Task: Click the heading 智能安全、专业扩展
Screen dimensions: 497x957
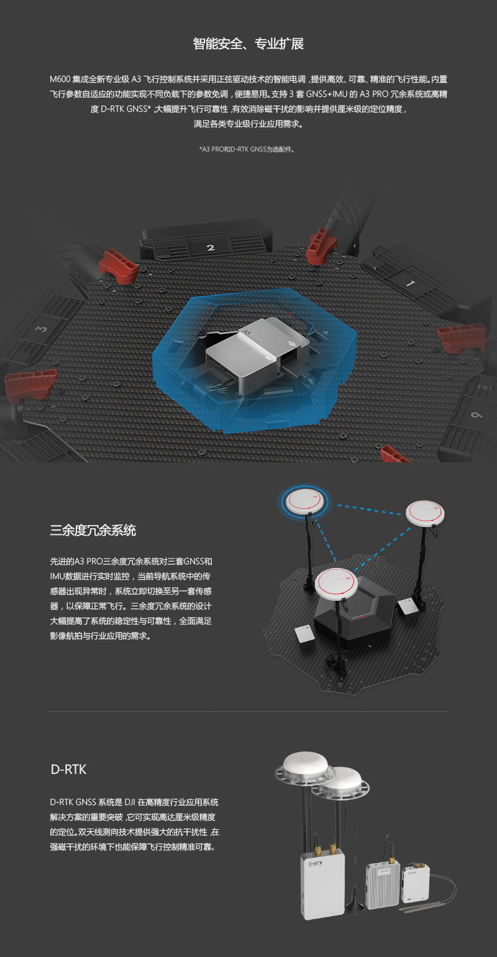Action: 248,43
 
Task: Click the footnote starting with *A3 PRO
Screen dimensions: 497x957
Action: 247,149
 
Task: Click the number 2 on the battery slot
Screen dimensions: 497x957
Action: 211,248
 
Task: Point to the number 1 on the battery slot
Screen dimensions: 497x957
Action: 410,283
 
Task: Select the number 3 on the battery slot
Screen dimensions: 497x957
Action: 42,329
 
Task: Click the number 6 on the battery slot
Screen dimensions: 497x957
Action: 476,415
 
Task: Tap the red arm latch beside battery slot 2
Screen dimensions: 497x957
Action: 118,267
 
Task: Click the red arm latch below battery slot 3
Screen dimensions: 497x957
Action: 30,383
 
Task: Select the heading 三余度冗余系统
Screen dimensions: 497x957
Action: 93,530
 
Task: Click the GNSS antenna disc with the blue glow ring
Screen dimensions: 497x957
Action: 304,501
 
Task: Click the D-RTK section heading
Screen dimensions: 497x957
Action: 68,770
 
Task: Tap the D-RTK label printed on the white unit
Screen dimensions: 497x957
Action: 316,863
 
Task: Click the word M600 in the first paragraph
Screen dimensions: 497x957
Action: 60,79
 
